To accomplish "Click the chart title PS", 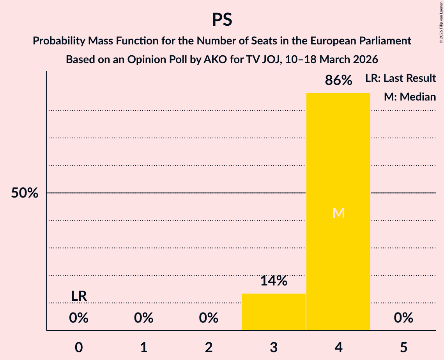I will pyautogui.click(x=222, y=19).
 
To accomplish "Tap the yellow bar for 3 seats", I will pyautogui.click(x=274, y=312).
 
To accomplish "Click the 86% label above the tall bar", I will pyautogui.click(x=338, y=81).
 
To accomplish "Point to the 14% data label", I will pyautogui.click(x=274, y=281).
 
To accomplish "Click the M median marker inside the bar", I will pyautogui.click(x=338, y=213).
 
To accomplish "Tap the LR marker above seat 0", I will pyautogui.click(x=79, y=296).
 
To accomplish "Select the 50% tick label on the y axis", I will pyautogui.click(x=25, y=193).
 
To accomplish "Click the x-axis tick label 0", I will pyautogui.click(x=79, y=347).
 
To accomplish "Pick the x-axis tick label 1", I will pyautogui.click(x=144, y=347).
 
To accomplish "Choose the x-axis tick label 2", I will pyautogui.click(x=209, y=347).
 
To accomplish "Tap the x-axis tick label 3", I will pyautogui.click(x=274, y=347).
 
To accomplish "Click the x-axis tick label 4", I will pyautogui.click(x=338, y=347).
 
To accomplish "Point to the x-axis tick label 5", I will pyautogui.click(x=403, y=347).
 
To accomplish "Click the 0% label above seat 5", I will pyautogui.click(x=403, y=318).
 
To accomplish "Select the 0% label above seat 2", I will pyautogui.click(x=209, y=318).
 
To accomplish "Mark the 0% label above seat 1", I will pyautogui.click(x=144, y=318).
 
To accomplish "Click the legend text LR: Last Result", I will pyautogui.click(x=401, y=78).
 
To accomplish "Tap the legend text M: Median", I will pyautogui.click(x=410, y=97).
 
